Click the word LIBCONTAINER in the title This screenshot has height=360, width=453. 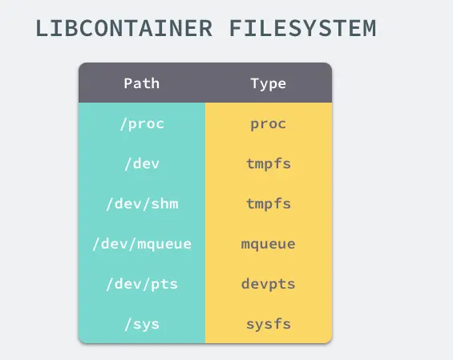click(x=124, y=28)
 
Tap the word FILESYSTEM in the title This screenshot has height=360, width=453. click(x=302, y=28)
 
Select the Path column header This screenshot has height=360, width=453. click(x=142, y=83)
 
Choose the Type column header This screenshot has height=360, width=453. click(x=269, y=84)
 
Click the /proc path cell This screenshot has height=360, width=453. click(x=142, y=124)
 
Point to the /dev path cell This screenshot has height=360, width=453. click(x=142, y=164)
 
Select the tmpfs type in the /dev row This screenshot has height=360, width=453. click(x=269, y=164)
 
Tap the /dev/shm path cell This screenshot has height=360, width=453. click(x=142, y=204)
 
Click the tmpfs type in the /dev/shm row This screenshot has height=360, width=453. click(x=269, y=204)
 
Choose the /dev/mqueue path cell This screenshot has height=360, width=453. click(x=142, y=245)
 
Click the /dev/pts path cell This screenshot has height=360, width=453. click(x=142, y=285)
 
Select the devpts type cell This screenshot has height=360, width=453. click(x=269, y=285)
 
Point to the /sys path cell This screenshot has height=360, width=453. click(x=142, y=325)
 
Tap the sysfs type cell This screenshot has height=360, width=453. click(x=269, y=324)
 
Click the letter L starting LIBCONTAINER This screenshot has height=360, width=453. click(x=42, y=28)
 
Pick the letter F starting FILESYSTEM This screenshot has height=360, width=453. click(x=236, y=28)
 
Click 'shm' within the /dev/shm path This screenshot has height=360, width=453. click(x=164, y=204)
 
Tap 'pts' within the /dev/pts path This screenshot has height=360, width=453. click(x=164, y=285)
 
